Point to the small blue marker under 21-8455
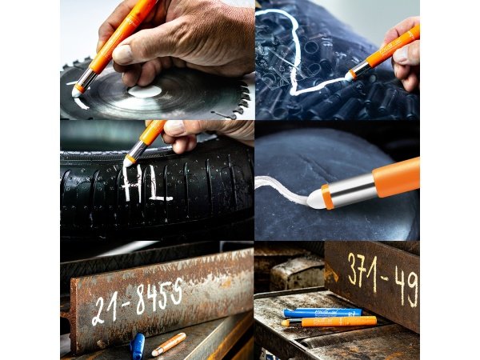coord(138,345)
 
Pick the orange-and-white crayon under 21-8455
coord(169,344)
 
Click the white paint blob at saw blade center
coord(145,91)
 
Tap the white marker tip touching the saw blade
coord(78,92)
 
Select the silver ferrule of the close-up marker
coord(353,190)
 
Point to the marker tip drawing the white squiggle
coord(350,76)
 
